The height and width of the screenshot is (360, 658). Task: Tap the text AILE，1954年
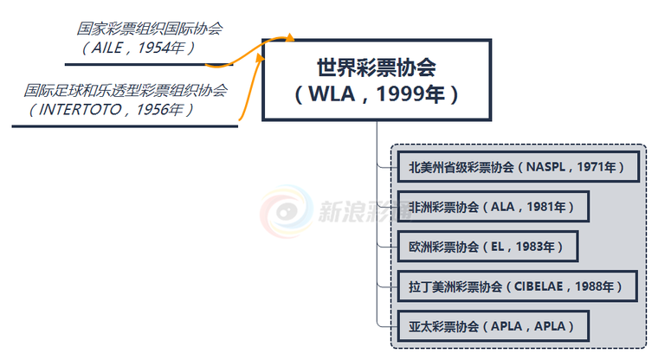(139, 48)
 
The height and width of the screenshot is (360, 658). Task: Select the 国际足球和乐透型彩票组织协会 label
(126, 90)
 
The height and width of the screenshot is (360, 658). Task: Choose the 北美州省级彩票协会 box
(518, 166)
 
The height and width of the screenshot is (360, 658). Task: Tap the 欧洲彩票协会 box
(487, 247)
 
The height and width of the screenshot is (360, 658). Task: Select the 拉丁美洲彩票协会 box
(517, 286)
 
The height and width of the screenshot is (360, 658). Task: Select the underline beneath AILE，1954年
(147, 63)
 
